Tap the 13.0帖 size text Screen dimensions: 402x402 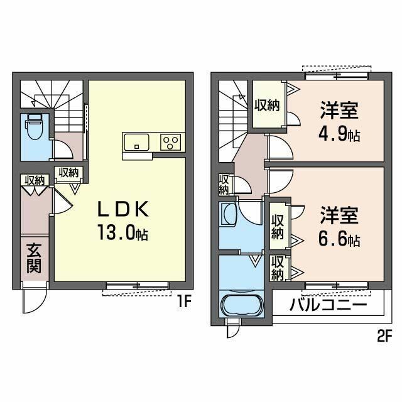(122, 234)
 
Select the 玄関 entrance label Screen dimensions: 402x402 (34, 258)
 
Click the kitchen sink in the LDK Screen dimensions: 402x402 (137, 142)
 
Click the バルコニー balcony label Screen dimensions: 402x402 (329, 307)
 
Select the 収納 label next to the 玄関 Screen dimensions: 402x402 (35, 180)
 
